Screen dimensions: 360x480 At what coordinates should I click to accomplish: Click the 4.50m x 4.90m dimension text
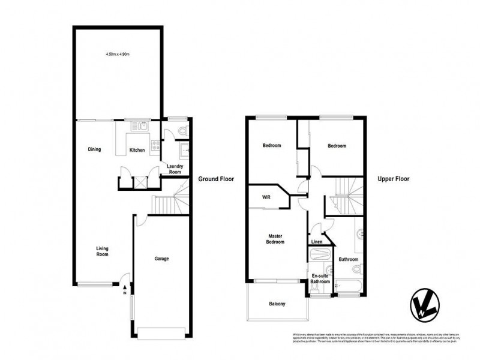pos(118,54)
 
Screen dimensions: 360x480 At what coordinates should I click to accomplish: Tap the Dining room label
pos(94,149)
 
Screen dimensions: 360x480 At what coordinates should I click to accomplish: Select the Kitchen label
pos(137,149)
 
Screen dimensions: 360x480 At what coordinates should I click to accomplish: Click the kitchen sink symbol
pos(143,126)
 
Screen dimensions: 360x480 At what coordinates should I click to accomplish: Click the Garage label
pos(161,259)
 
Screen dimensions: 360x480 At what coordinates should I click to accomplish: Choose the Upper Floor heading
pos(393,179)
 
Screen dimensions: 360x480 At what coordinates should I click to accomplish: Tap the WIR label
pos(266,197)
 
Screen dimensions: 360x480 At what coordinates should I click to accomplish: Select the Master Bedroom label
pos(275,239)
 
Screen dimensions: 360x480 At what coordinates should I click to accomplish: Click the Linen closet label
pos(317,242)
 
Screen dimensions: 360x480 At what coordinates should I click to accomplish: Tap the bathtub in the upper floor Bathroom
pos(347,287)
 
